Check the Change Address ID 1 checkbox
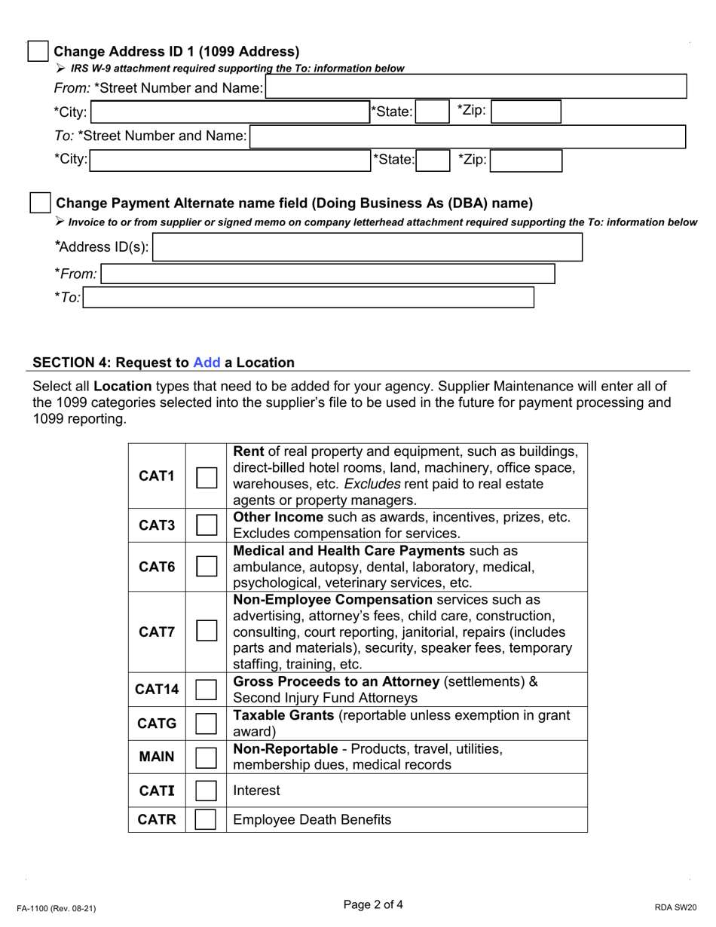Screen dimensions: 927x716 pyautogui.click(x=38, y=51)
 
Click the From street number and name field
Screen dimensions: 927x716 pyautogui.click(x=476, y=87)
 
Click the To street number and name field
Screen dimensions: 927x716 pyautogui.click(x=467, y=136)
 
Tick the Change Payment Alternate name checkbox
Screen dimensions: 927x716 pyautogui.click(x=39, y=203)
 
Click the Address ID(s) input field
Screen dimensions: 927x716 pyautogui.click(x=367, y=247)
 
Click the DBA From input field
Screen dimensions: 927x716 pyautogui.click(x=328, y=274)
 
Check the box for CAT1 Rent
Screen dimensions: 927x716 pyautogui.click(x=207, y=476)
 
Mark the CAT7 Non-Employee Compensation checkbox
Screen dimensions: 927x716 pyautogui.click(x=207, y=632)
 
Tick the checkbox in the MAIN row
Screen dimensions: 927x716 pyautogui.click(x=207, y=757)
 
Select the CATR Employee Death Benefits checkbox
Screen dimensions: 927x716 pyautogui.click(x=207, y=819)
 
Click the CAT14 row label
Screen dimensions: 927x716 pyautogui.click(x=157, y=688)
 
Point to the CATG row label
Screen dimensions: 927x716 pyautogui.click(x=157, y=724)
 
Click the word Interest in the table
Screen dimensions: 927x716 pyautogui.click(x=256, y=790)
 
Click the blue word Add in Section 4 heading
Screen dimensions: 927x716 pyautogui.click(x=207, y=363)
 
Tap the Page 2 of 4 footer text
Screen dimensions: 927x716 pyautogui.click(x=373, y=904)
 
